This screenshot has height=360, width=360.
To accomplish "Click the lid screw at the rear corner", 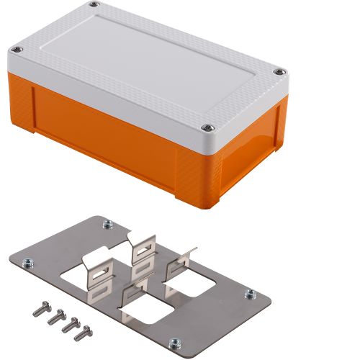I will point(93,6).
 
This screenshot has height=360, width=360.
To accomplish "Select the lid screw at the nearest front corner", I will point(209,127).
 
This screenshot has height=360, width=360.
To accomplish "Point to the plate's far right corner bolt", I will point(249,294).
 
